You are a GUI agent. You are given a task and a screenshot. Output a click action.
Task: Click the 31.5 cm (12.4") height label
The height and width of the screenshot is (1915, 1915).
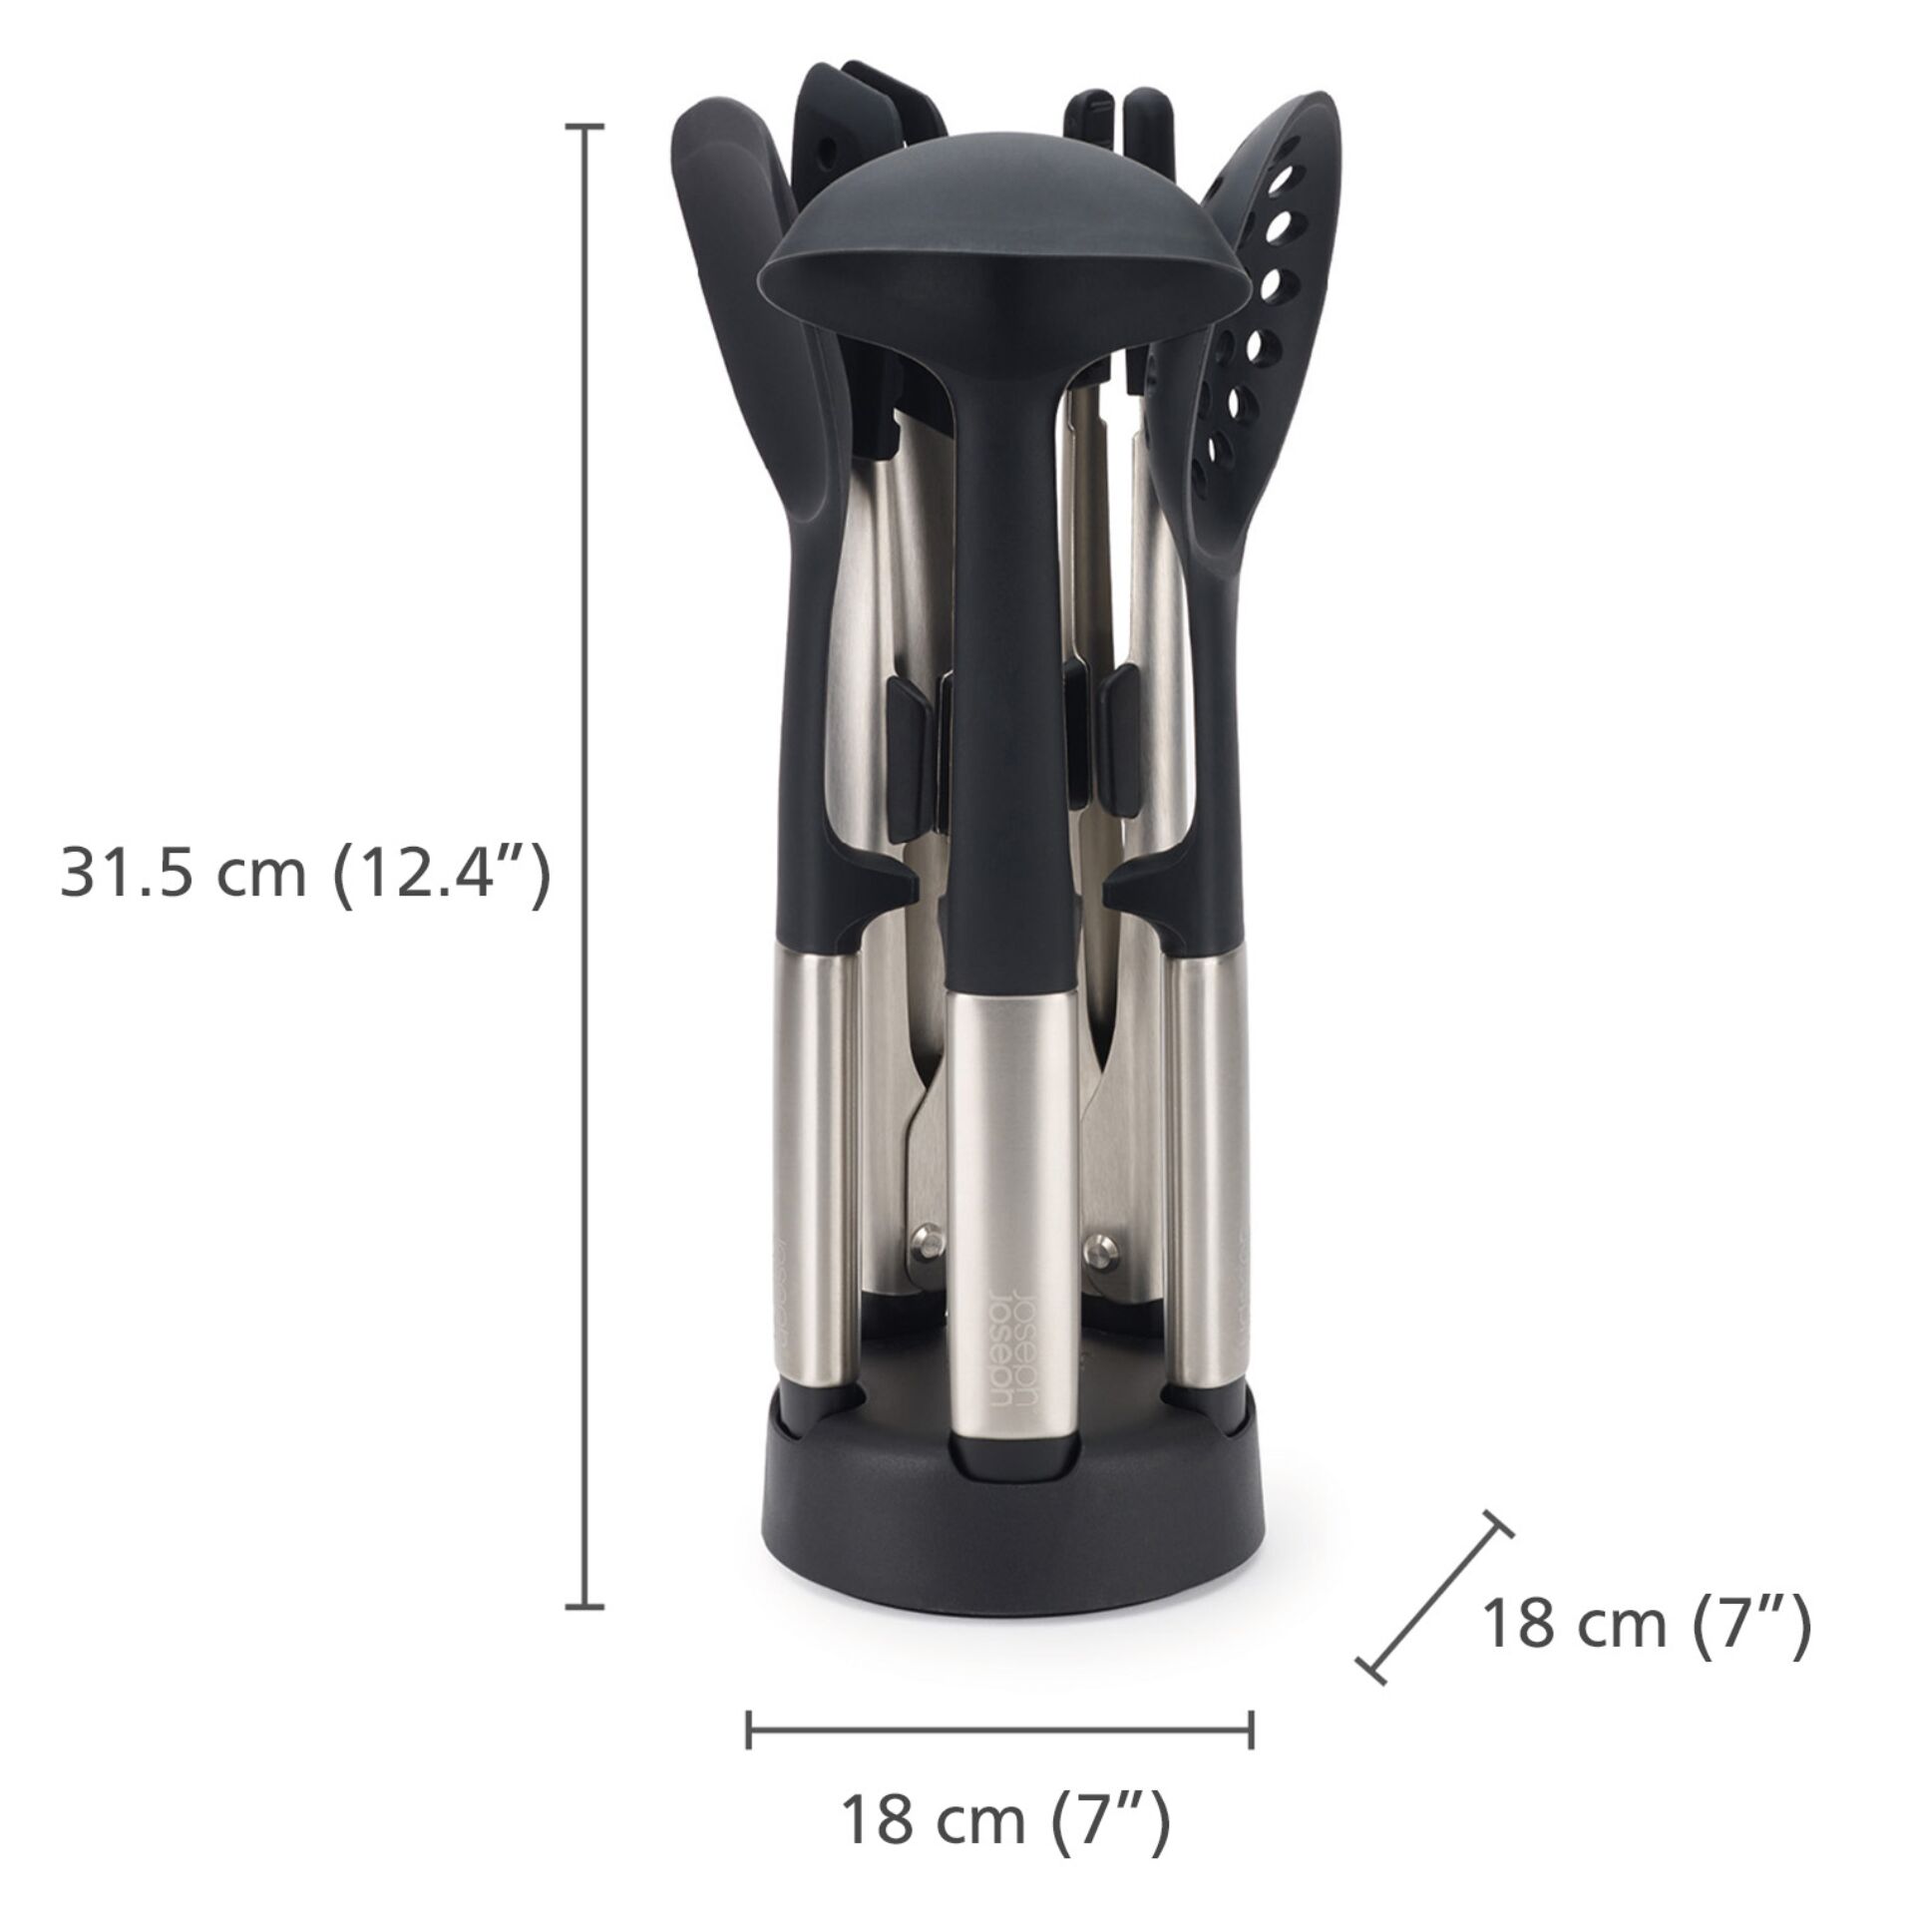click(x=306, y=875)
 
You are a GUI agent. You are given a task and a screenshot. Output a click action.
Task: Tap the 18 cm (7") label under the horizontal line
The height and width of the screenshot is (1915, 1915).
click(x=1005, y=1763)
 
